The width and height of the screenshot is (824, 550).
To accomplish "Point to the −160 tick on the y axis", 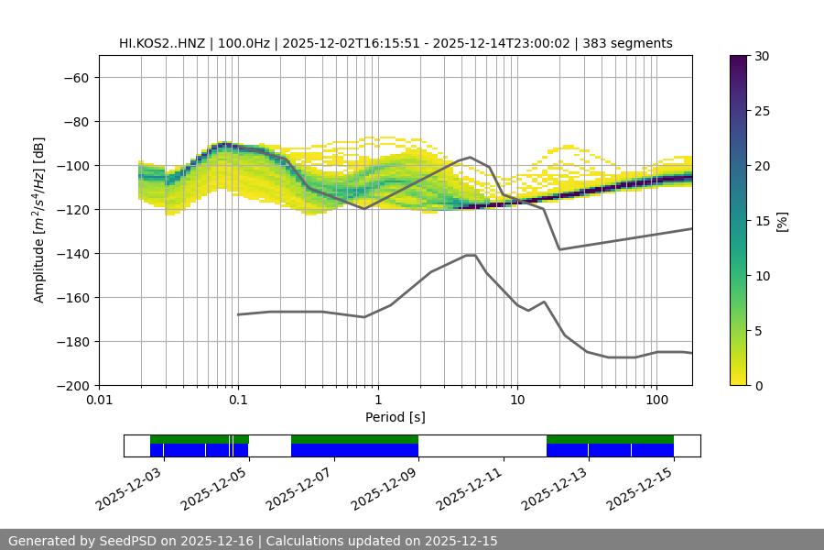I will pos(72,297).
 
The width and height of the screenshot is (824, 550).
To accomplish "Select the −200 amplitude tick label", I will pos(72,385).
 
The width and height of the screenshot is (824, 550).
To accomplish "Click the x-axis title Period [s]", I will pos(396,417).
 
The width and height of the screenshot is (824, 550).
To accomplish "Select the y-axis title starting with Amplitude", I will pos(38,220).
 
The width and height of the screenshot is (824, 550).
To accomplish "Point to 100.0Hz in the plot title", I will pos(244,43).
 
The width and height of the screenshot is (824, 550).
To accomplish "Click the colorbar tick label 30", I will pos(761,56).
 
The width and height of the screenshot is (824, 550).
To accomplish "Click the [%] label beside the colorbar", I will pos(782,220).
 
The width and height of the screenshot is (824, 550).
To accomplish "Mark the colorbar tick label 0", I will pos(757,385).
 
